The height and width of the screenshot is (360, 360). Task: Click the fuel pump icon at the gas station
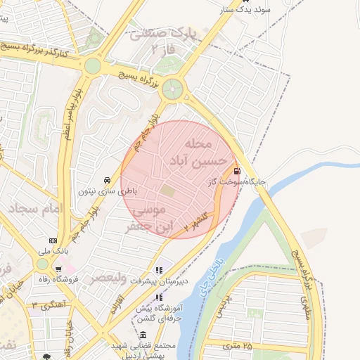(236, 170)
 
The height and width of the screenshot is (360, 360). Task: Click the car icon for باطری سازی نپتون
(105, 179)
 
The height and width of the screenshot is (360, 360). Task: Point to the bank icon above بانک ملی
(53, 240)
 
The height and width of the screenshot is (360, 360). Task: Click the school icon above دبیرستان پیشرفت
(159, 269)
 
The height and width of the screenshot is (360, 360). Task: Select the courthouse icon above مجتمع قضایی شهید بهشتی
(143, 335)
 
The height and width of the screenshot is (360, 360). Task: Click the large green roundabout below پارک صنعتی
(172, 89)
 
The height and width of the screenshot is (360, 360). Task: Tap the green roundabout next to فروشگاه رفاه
(43, 264)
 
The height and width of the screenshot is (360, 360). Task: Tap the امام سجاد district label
(36, 209)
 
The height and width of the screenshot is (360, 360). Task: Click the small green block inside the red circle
(167, 190)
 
